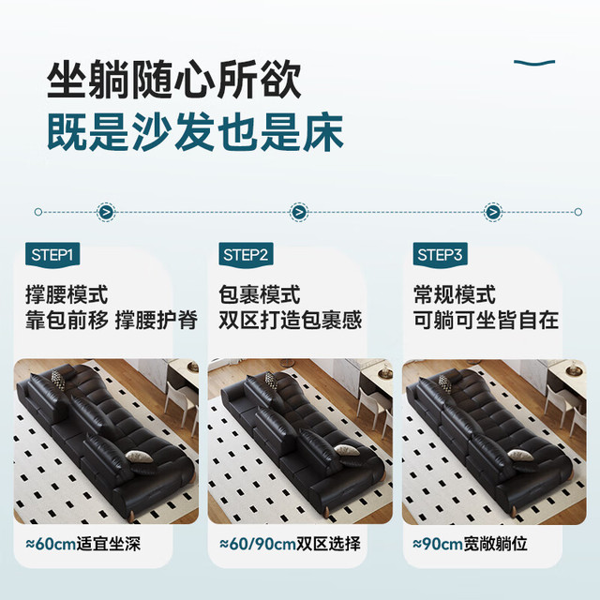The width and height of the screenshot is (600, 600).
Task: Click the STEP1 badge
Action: point(52,255)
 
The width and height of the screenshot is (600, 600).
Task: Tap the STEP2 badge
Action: point(246,255)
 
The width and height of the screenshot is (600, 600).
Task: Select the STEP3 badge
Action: point(440,255)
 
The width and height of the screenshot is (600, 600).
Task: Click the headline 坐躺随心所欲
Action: point(174,80)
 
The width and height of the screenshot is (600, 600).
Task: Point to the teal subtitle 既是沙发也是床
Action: point(195,132)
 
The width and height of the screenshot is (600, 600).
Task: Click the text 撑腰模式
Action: point(67,294)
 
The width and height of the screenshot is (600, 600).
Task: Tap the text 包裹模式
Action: point(260,294)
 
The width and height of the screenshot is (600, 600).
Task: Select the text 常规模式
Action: point(455,294)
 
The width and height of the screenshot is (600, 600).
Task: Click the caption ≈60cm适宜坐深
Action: point(83,544)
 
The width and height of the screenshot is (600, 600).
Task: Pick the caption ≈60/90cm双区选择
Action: point(290,544)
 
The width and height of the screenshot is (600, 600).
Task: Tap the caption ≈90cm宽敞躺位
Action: point(471,544)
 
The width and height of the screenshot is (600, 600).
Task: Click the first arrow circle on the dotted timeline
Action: point(106,212)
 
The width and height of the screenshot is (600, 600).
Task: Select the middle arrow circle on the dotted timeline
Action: point(299,212)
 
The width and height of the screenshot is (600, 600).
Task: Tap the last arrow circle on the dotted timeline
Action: point(494,212)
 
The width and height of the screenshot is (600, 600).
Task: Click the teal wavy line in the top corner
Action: point(534,63)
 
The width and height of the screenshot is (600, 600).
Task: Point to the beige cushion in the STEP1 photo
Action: point(140,456)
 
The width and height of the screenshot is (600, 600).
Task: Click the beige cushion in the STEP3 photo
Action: point(520,455)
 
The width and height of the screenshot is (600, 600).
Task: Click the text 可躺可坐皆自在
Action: point(486,320)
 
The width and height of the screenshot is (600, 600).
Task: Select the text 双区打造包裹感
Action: point(291,320)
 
